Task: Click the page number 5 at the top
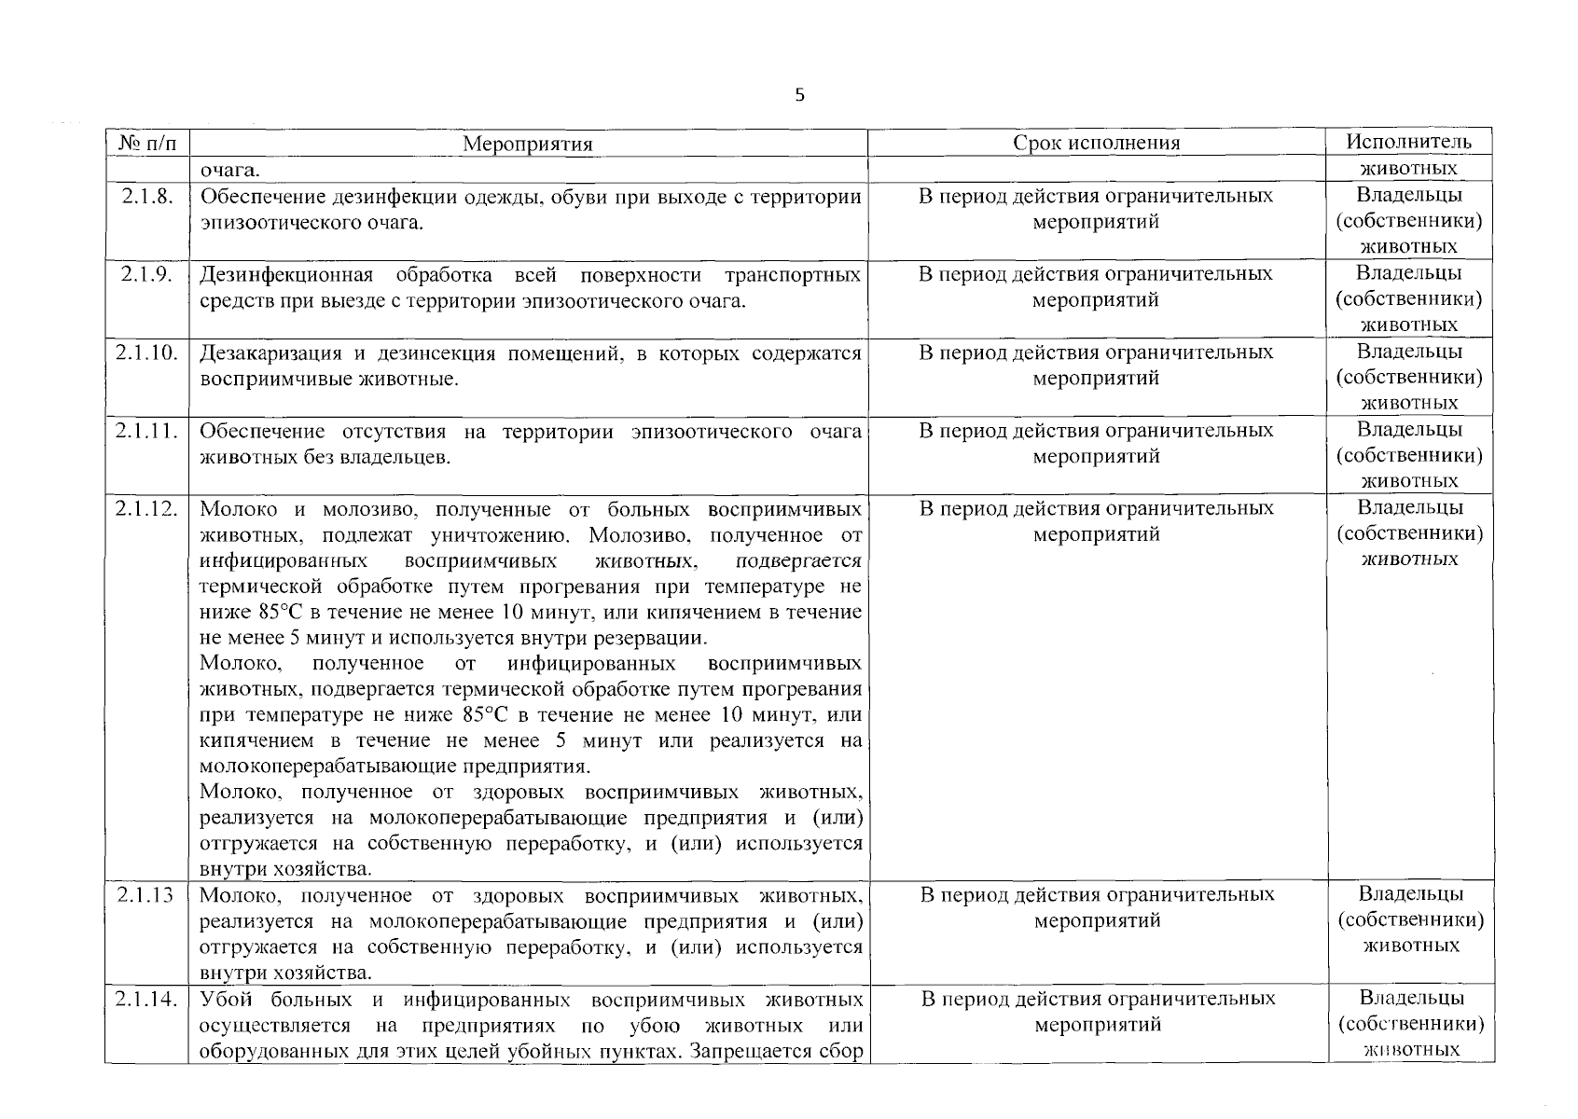[799, 95]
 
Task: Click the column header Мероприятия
[527, 144]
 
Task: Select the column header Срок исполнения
[1097, 143]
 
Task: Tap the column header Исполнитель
[1408, 142]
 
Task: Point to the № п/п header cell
[147, 143]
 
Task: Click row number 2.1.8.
[147, 196]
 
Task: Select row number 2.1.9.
[147, 274]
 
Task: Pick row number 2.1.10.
[147, 352]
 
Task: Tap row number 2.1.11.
[147, 431]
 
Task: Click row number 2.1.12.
[147, 509]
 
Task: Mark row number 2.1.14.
[147, 1000]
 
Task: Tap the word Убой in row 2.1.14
[222, 1000]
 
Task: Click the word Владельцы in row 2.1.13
[1410, 894]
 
